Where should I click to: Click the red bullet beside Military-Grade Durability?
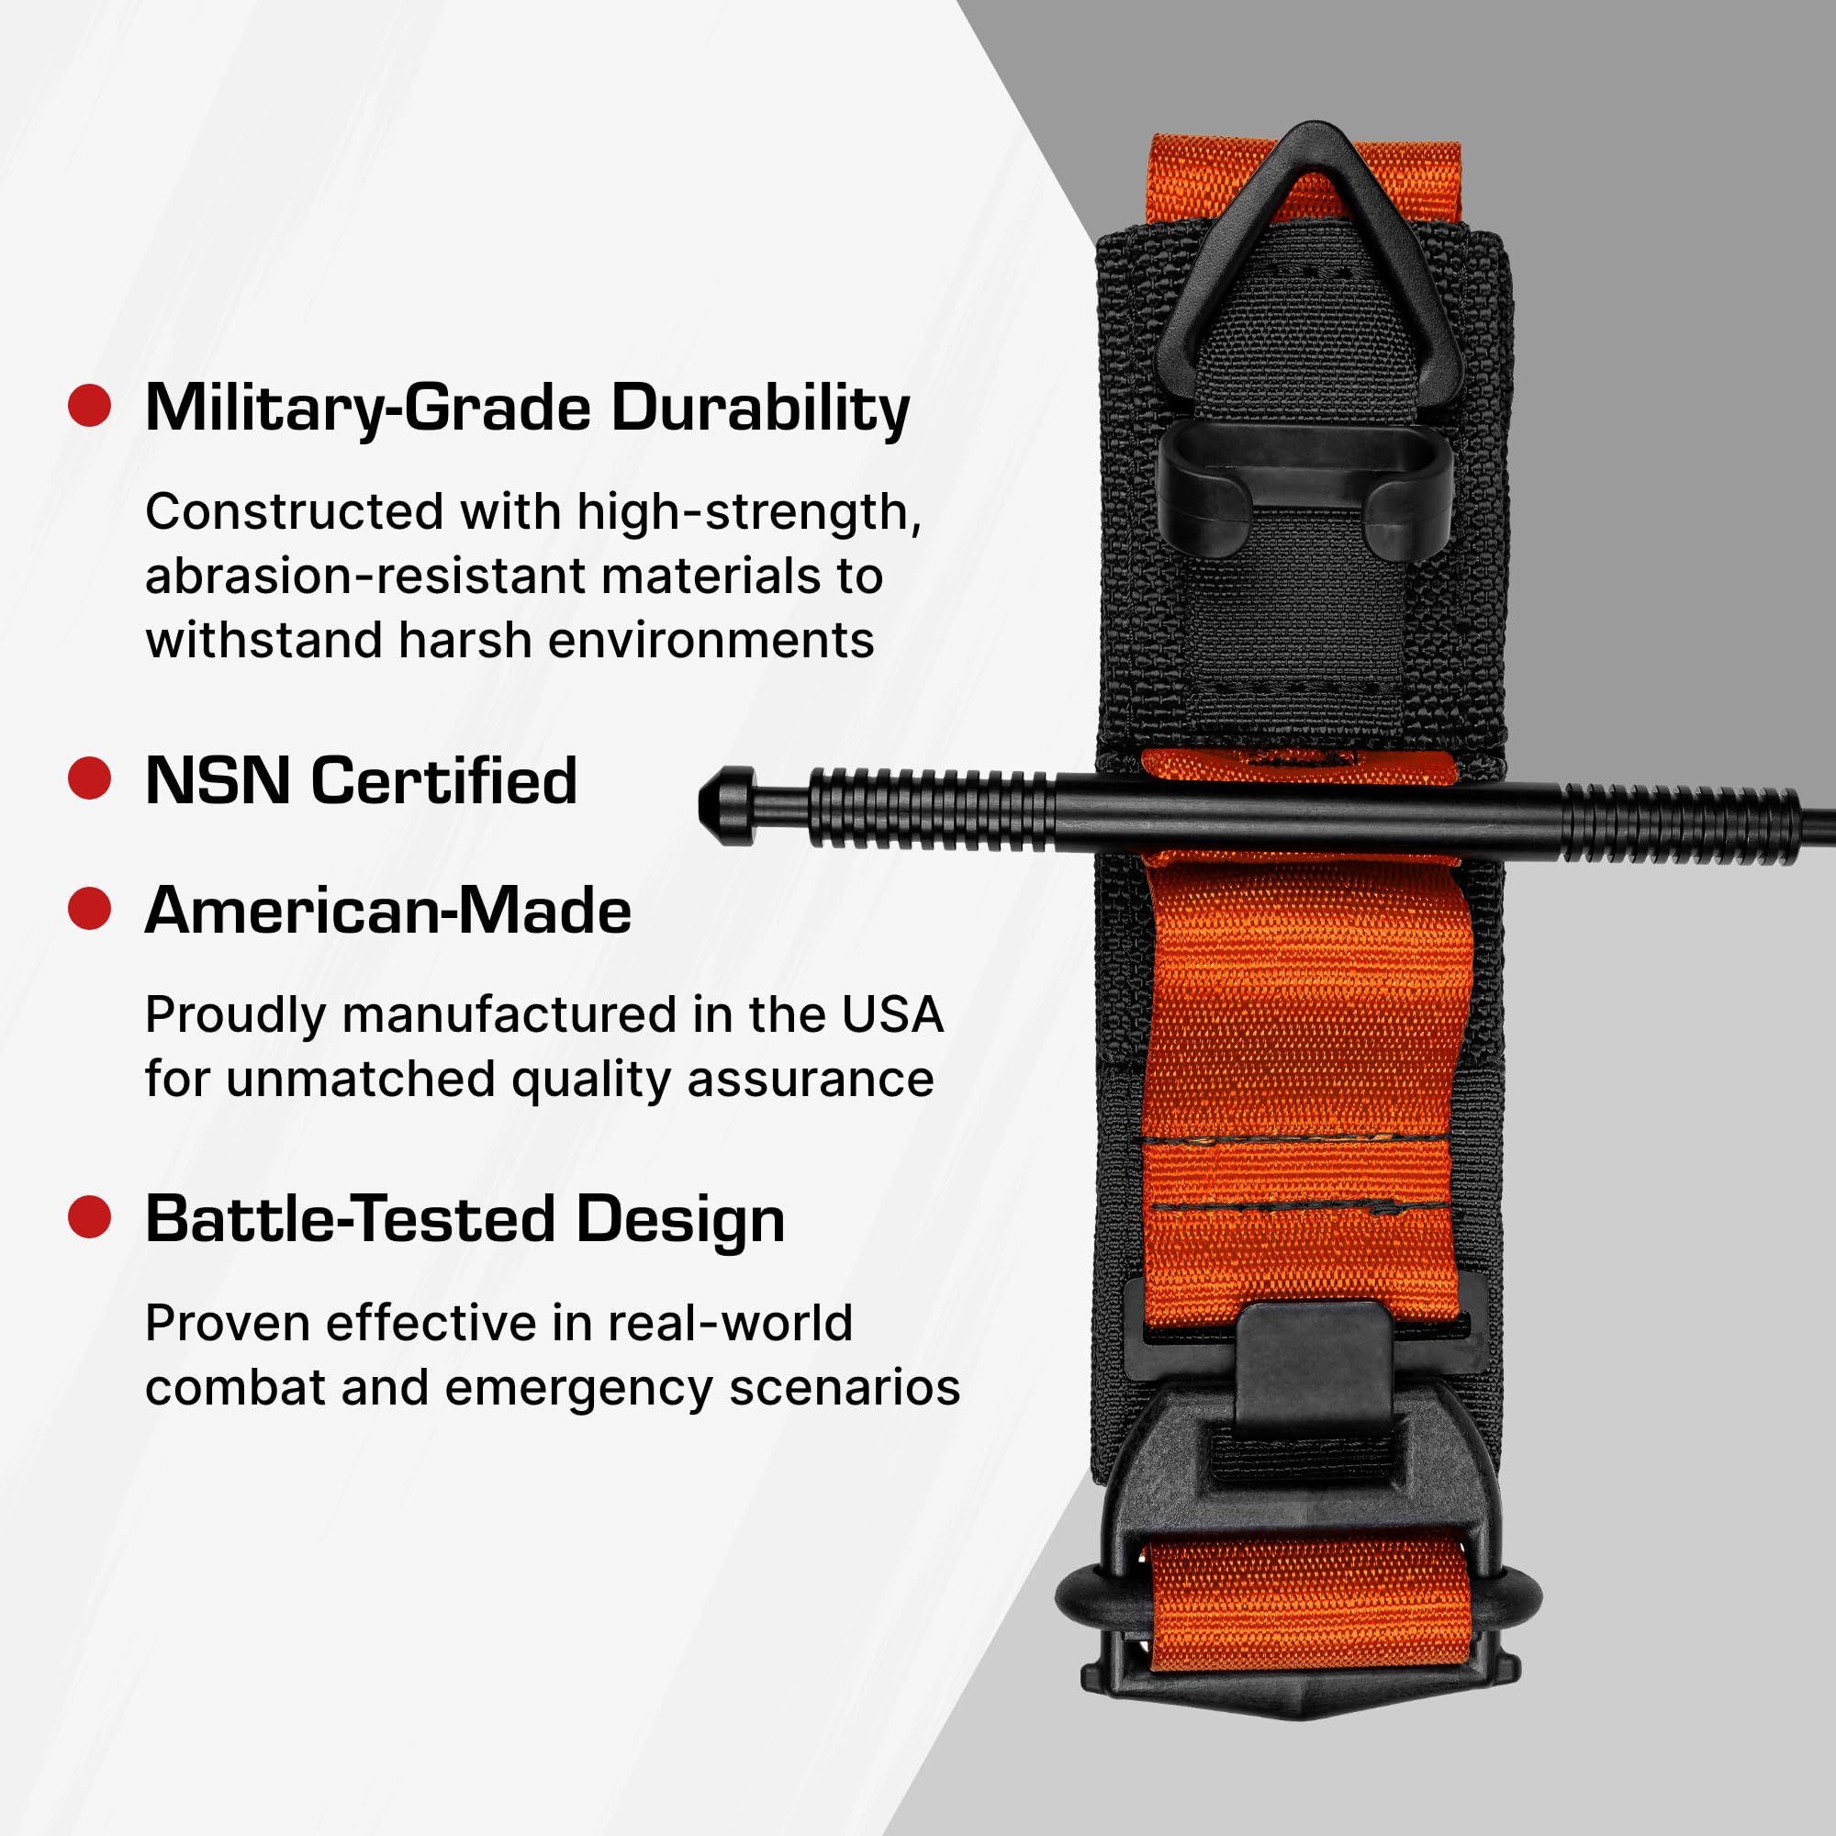tap(89, 406)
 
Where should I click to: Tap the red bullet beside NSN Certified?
tap(89, 778)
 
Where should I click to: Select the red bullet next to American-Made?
tap(89, 909)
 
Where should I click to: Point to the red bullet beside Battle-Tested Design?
tap(89, 1217)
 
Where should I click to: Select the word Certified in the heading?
tap(443, 780)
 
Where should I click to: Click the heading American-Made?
tap(387, 911)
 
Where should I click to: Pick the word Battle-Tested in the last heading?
tap(350, 1219)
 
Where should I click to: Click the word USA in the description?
tap(891, 1015)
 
